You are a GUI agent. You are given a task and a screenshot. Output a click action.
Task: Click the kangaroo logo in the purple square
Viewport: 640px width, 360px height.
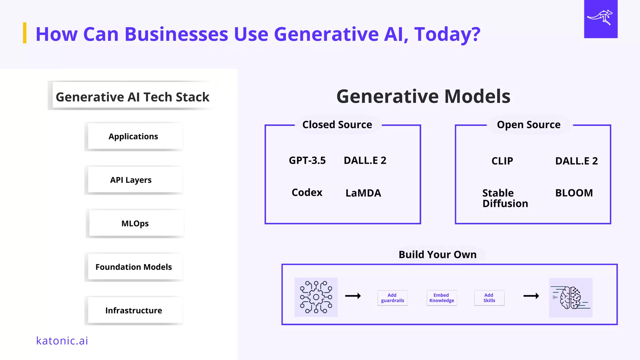point(600,18)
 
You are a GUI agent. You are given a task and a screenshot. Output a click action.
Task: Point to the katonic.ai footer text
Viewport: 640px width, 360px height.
point(62,341)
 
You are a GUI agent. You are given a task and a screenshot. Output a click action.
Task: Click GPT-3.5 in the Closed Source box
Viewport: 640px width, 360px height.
point(307,160)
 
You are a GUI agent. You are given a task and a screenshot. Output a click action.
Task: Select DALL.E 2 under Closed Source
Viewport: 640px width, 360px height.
point(365,160)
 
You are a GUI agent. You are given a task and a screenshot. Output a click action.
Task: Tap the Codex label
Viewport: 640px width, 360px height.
point(307,192)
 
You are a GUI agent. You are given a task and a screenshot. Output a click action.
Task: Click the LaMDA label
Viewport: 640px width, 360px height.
point(363,193)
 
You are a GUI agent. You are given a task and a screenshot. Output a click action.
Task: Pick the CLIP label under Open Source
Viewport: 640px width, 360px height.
point(502,161)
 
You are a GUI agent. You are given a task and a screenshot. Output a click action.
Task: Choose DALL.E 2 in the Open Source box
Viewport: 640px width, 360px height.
point(576,161)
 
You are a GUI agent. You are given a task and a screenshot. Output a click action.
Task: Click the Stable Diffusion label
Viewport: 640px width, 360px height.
point(505,198)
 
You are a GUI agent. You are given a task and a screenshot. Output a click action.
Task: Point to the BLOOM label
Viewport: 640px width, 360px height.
point(574,193)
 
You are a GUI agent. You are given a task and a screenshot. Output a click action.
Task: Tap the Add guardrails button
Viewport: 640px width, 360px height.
point(392,298)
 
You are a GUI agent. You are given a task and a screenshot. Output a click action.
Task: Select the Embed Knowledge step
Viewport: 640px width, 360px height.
point(442,298)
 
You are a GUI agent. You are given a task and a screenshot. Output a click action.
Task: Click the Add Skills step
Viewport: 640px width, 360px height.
point(489,298)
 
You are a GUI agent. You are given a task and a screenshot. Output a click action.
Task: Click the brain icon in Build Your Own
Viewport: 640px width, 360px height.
point(571,297)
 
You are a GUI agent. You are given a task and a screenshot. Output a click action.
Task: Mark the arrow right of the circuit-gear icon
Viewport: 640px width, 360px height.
point(353,296)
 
